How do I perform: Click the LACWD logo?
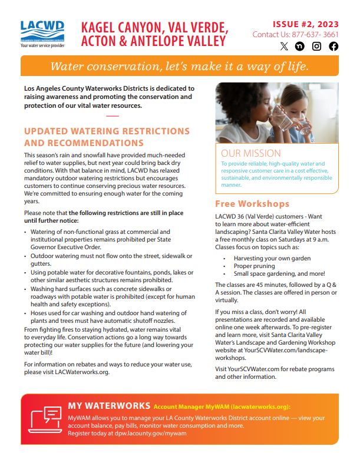click(42, 34)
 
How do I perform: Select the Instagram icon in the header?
click(317, 47)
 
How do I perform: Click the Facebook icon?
click(333, 47)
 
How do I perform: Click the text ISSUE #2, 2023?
click(305, 24)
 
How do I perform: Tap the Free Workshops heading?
click(252, 204)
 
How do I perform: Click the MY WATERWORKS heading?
click(109, 405)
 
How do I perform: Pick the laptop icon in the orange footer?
click(45, 419)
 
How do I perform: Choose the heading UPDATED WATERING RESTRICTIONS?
click(107, 131)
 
